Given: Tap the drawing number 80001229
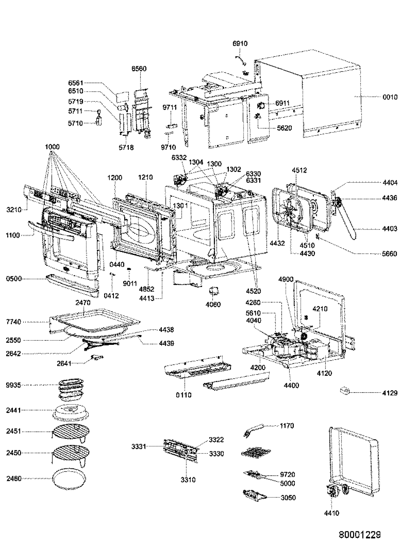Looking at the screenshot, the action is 360,535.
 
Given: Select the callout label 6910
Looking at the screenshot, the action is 240,43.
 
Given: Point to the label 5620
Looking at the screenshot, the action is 284,128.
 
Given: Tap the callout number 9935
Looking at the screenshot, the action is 13,385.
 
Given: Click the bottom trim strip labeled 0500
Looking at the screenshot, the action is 72,285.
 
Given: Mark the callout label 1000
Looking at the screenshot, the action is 52,147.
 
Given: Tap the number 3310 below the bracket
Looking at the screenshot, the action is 188,480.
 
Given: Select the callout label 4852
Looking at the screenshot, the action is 147,289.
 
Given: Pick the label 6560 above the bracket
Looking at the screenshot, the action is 139,69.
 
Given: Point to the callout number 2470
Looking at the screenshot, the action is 83,303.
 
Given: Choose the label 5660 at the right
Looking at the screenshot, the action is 389,254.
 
